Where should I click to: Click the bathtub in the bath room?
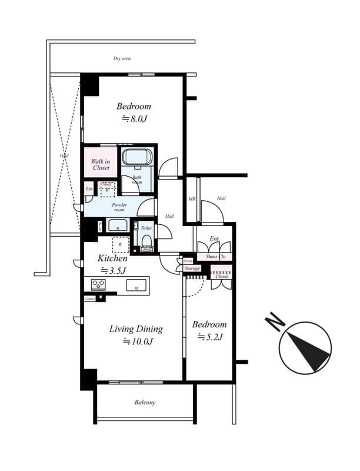tap(138, 158)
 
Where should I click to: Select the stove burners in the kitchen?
tap(98, 285)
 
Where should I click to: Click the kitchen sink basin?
tap(136, 286)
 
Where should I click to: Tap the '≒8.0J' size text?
tap(134, 118)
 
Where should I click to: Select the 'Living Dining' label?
tap(135, 329)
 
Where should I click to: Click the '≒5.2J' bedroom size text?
tap(209, 337)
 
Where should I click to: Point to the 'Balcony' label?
tap(145, 403)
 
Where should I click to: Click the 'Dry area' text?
tap(122, 59)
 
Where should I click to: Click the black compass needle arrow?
tap(309, 350)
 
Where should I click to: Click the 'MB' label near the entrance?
tap(192, 199)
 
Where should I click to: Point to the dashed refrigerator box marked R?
tap(120, 244)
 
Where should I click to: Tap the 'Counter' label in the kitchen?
tap(89, 299)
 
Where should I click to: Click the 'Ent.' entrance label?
tap(215, 238)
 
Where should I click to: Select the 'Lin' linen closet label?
tap(89, 188)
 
